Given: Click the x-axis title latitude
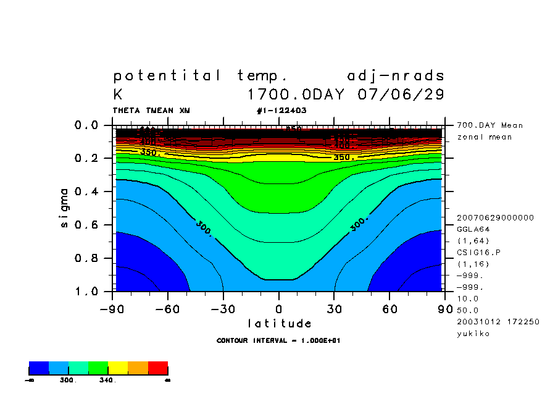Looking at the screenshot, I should click(x=279, y=323).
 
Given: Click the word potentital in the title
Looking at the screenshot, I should click(x=167, y=76).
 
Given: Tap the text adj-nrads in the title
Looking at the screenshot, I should click(x=396, y=76).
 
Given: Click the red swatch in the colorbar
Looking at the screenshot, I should click(x=158, y=368).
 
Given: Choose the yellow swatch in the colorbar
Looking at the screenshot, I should click(x=118, y=368).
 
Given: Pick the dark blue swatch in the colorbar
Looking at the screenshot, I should click(x=39, y=368).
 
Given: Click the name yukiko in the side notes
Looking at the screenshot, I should click(x=473, y=334).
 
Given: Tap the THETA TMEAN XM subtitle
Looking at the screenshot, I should click(x=151, y=111).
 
